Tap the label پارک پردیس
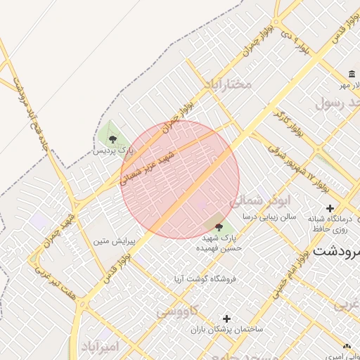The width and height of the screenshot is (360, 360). pos(112,150)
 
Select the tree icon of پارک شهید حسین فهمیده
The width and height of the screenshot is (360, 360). pos(219,227)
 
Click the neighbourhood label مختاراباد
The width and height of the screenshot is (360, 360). pos(227,84)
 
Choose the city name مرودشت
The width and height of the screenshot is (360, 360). pos(337,250)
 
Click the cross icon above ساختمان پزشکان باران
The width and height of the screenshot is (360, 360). pos(226,319)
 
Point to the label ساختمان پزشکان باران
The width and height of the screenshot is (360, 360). pos(226,329)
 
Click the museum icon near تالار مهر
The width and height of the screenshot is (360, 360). pos(351,75)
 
